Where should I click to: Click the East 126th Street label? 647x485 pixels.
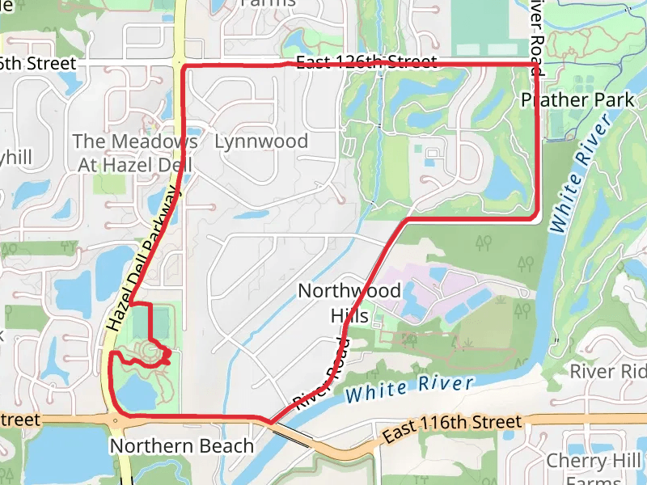click(x=366, y=63)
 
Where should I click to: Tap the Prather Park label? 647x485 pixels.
click(x=578, y=100)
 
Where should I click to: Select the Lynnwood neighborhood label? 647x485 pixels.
click(x=261, y=141)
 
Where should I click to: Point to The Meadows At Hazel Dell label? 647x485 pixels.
click(x=136, y=152)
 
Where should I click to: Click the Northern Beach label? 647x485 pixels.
click(x=181, y=446)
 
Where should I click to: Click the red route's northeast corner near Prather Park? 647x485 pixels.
click(x=535, y=63)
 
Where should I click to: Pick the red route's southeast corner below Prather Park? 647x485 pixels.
click(x=535, y=216)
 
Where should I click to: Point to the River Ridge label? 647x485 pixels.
click(x=608, y=372)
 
